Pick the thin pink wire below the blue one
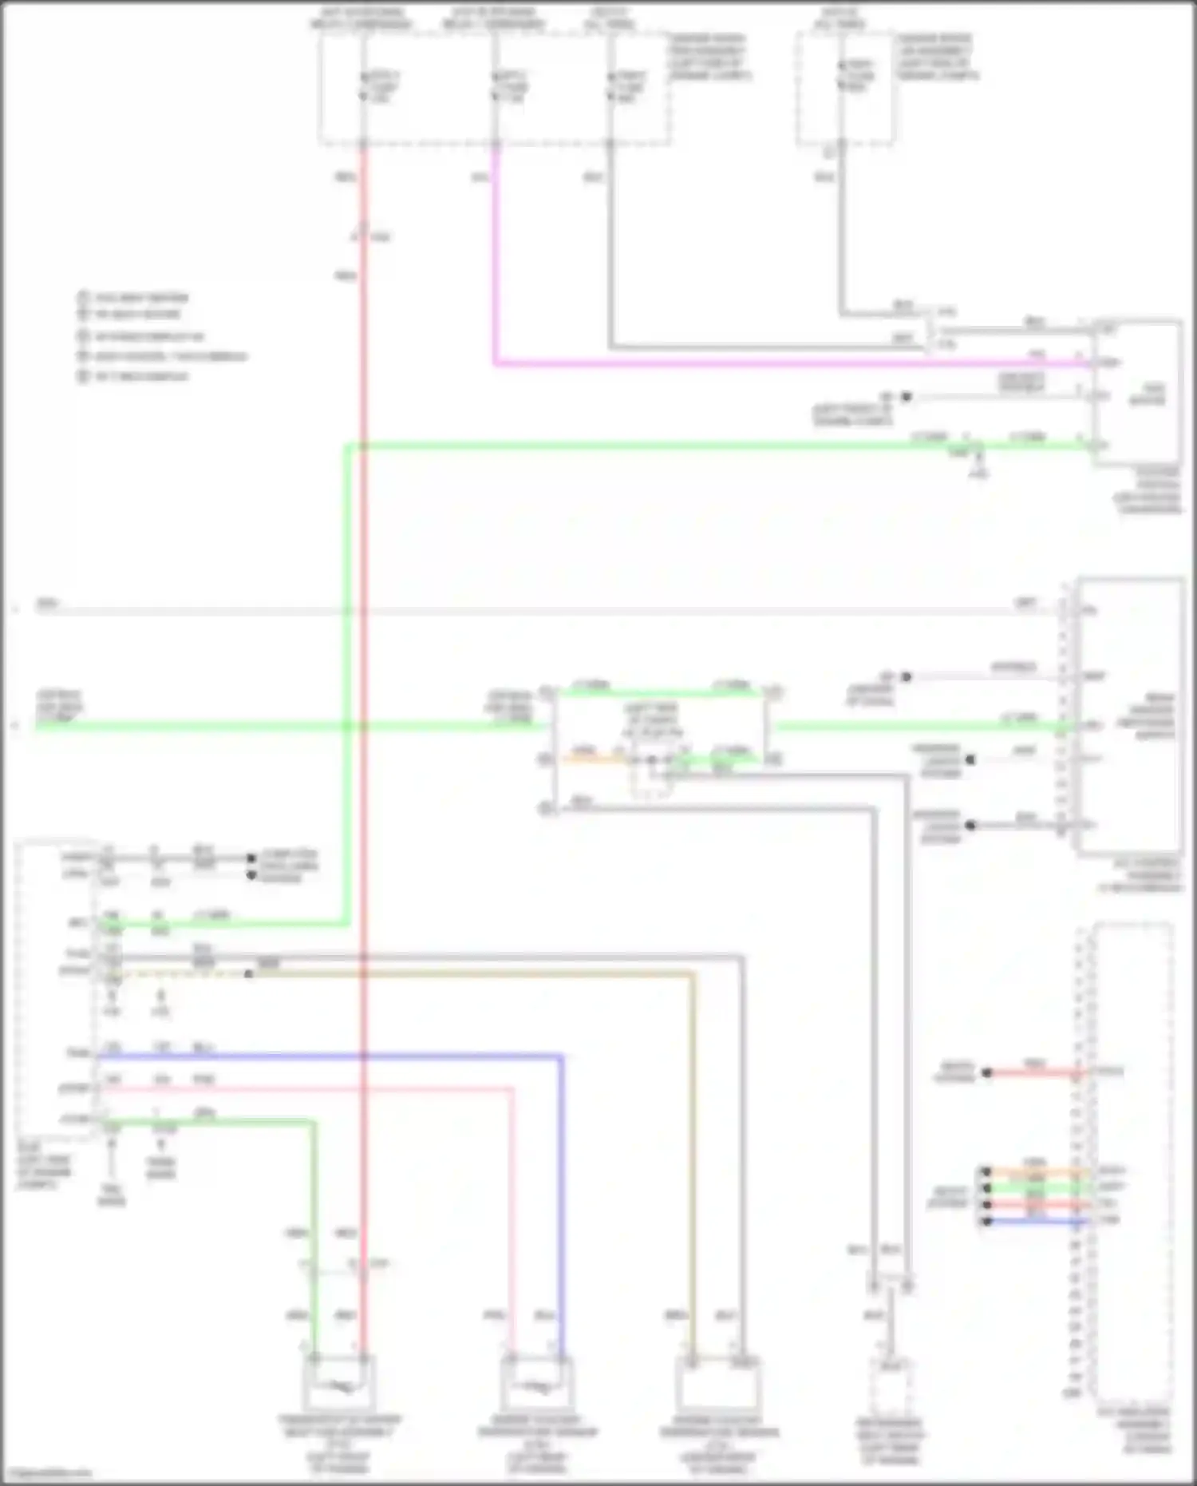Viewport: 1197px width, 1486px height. pyautogui.click(x=319, y=1088)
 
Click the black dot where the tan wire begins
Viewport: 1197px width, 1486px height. pyautogui.click(x=249, y=974)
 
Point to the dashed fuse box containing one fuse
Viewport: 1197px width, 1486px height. pyautogui.click(x=844, y=88)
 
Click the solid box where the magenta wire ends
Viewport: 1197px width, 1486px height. pyautogui.click(x=1137, y=391)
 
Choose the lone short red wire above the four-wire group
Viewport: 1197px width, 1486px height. pyautogui.click(x=1033, y=1072)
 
